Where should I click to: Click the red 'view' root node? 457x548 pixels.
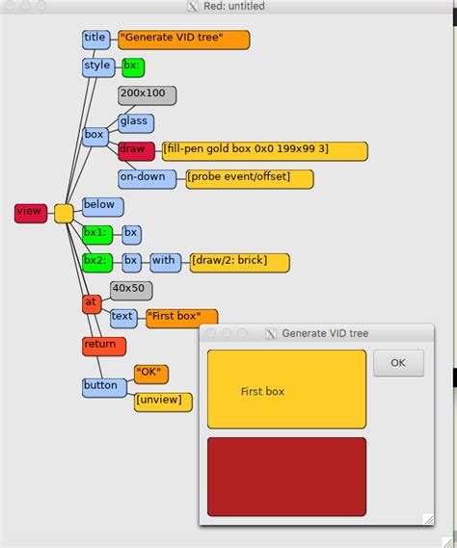pos(30,213)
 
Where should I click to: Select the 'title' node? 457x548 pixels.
pos(95,39)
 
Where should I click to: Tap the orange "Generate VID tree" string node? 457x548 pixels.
pos(184,39)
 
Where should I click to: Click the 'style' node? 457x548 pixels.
pos(97,66)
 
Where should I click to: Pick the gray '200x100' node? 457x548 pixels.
pos(147,94)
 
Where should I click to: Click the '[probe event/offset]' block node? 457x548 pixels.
pos(250,178)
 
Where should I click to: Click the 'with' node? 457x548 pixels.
pos(164,260)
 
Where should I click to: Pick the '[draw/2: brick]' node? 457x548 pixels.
pos(239,261)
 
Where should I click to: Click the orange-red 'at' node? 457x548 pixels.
pos(92,303)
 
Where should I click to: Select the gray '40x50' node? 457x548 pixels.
pos(130,289)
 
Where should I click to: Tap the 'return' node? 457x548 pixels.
pos(99,345)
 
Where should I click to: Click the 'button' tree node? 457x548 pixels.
pos(102,386)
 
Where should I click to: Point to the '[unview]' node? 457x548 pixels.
pos(163,401)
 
